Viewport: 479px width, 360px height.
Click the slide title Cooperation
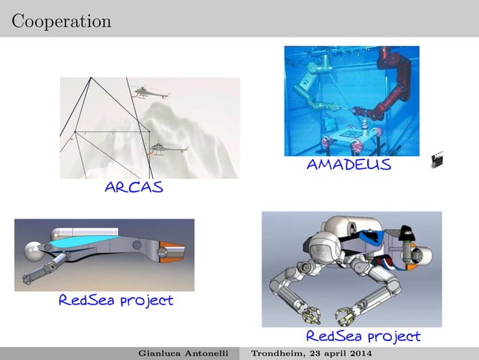[62, 21]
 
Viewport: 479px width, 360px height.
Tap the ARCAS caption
[134, 187]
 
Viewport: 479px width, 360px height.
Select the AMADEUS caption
[348, 165]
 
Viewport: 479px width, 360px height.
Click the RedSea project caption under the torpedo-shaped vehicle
[116, 301]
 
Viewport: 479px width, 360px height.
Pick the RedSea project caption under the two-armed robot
[363, 336]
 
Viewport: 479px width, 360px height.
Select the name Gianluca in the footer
[162, 354]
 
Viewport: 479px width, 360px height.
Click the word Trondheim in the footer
[279, 354]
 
